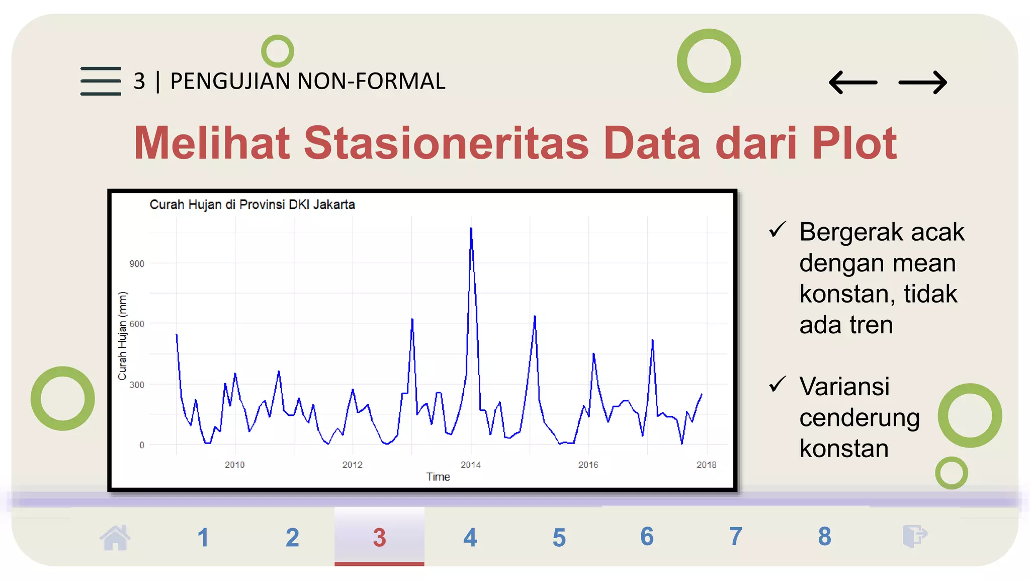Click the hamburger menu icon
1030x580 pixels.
pos(101,81)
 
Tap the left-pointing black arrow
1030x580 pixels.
pos(853,83)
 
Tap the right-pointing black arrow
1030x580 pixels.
pos(922,83)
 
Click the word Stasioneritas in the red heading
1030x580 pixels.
pos(446,143)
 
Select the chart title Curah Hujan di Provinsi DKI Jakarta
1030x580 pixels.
pos(252,205)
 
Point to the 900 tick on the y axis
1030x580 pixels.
pos(137,264)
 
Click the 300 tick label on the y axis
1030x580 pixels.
pos(137,385)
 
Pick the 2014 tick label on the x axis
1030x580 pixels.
pos(471,465)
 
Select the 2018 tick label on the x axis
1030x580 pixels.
pos(706,465)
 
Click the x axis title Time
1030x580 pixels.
pos(438,477)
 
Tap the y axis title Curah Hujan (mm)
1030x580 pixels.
pos(122,336)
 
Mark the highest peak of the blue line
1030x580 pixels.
pos(471,229)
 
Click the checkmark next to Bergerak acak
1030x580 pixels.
pos(777,230)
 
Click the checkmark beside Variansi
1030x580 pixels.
pos(777,384)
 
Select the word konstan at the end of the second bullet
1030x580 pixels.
pos(844,449)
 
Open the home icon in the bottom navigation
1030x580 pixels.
pos(115,537)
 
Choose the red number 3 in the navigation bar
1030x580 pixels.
pos(379,538)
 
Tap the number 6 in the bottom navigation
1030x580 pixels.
pos(647,537)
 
